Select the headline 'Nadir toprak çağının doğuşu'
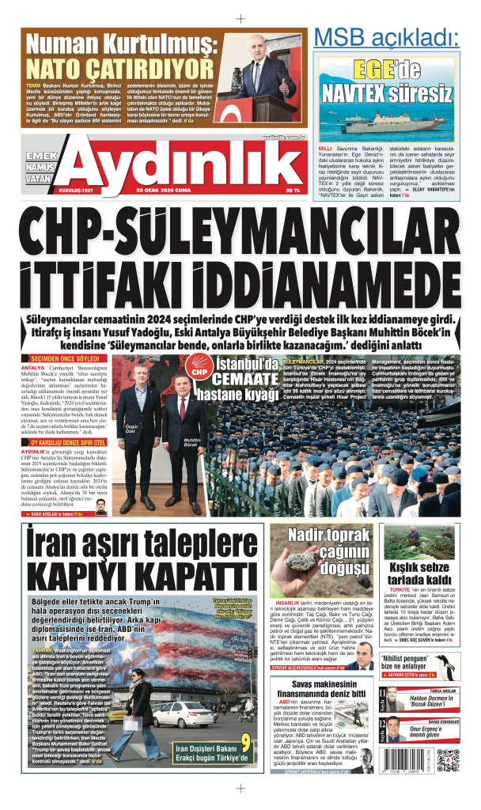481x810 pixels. [330, 550]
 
